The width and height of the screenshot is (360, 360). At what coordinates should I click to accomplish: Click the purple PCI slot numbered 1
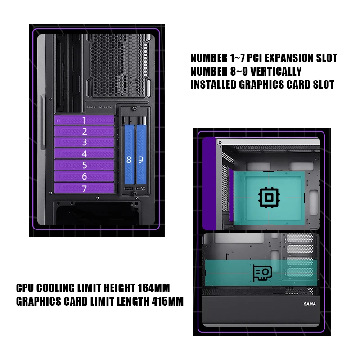click(x=84, y=120)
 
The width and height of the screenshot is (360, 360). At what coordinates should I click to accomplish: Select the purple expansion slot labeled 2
click(x=84, y=131)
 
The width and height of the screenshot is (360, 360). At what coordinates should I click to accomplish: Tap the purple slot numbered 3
click(x=84, y=143)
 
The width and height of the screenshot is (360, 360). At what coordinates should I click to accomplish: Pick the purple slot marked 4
click(x=84, y=154)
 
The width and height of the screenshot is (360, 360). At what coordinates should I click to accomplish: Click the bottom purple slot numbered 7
click(x=84, y=189)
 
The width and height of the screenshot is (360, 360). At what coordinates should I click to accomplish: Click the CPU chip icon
click(x=268, y=198)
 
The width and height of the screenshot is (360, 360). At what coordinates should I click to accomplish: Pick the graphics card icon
click(x=262, y=273)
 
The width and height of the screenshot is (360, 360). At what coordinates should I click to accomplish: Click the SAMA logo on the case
click(x=309, y=304)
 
